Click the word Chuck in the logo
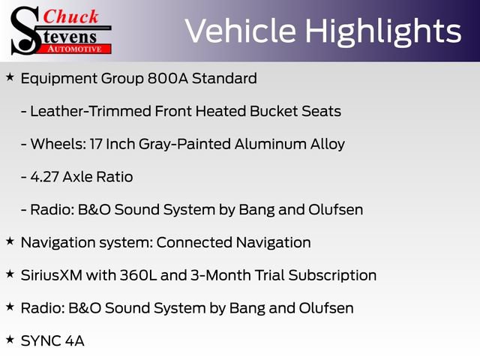(70, 16)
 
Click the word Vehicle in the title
(241, 31)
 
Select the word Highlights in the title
(383, 32)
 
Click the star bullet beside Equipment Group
(10, 77)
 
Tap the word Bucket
(274, 111)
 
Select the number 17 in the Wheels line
(96, 144)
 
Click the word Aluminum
(271, 144)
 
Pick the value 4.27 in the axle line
(45, 177)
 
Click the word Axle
(77, 177)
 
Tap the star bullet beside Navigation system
(10, 241)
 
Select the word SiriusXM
(52, 275)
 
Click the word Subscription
(332, 276)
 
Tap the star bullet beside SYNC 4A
(10, 340)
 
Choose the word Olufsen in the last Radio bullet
(326, 308)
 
